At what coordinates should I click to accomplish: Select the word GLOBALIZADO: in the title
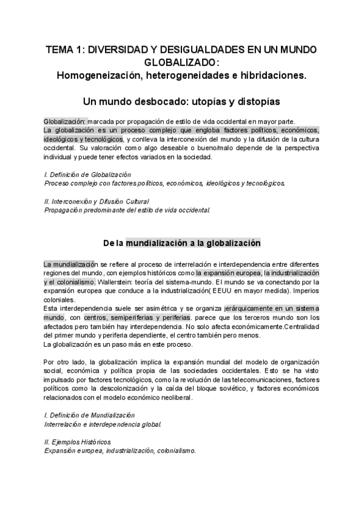pos(182,63)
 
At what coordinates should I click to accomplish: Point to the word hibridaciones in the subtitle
pos(275,75)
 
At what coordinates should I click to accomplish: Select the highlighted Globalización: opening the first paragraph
pos(66,121)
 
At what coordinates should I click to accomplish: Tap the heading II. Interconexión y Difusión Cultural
pos(96,201)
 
